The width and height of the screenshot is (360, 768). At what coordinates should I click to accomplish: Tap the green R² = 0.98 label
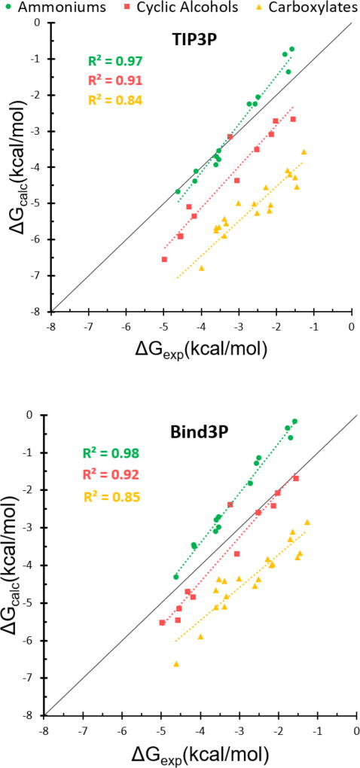112,453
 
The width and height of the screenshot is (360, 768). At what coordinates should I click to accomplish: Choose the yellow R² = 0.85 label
112,496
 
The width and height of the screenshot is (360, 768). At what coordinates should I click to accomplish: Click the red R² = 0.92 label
112,474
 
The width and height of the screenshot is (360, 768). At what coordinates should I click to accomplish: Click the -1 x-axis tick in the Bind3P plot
318,730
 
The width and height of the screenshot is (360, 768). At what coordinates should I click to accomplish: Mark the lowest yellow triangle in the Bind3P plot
176,663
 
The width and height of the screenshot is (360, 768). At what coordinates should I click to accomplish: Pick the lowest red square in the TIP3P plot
164,259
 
